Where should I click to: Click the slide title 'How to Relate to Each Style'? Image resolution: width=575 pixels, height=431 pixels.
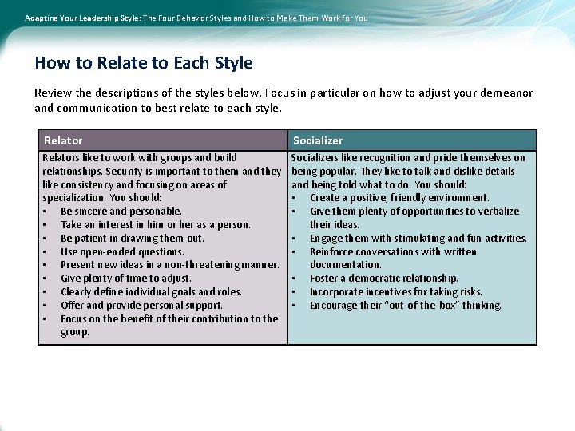coord(144,63)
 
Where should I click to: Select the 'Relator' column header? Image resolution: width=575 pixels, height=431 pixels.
coord(63,140)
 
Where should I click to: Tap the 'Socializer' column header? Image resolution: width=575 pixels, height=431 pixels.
coord(318,140)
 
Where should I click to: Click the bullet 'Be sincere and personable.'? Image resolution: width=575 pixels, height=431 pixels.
coord(121,212)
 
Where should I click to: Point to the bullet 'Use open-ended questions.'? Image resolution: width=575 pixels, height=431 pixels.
coord(122,251)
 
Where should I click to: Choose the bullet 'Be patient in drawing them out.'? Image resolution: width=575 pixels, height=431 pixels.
coord(133,238)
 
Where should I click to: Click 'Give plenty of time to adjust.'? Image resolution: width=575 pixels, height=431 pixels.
coord(126,279)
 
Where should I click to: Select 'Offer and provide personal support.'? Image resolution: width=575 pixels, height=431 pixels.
coord(141,305)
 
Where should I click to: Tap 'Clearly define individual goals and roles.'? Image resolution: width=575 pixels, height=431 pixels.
coord(151,292)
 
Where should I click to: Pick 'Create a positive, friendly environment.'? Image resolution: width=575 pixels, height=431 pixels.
coord(399,198)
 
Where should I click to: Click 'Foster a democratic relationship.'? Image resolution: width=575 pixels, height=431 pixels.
coord(384,279)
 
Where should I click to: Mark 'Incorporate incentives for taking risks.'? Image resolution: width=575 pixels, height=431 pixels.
coord(396,292)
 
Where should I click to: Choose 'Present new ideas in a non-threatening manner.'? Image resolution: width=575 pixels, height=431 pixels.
coord(170,265)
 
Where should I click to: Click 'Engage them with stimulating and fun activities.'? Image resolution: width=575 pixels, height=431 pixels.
coord(418,238)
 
